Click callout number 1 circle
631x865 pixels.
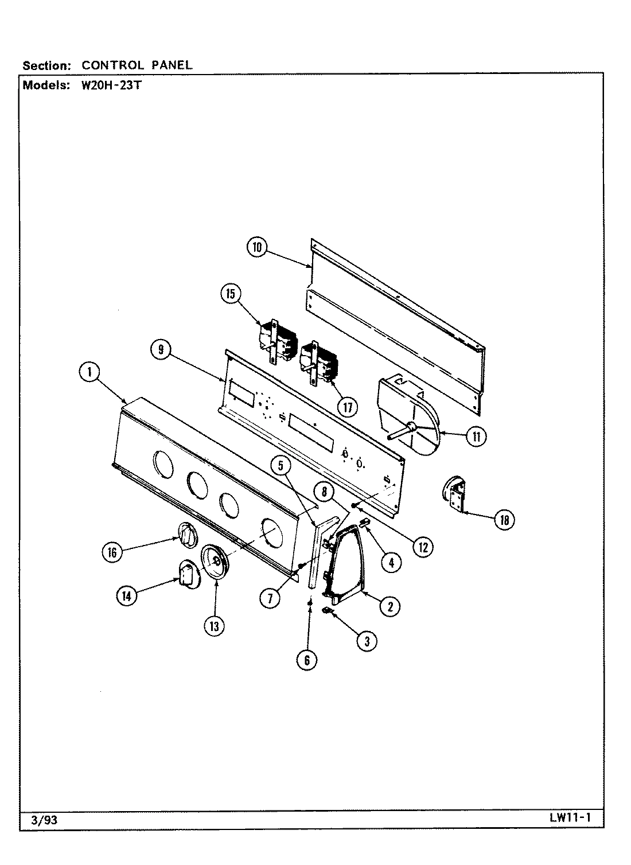pos(89,372)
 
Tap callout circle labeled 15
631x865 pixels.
pos(231,294)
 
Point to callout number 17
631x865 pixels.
pos(347,407)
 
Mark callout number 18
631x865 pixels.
pos(505,520)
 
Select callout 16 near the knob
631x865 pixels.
pos(112,552)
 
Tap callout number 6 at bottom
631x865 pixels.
pos(307,660)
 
